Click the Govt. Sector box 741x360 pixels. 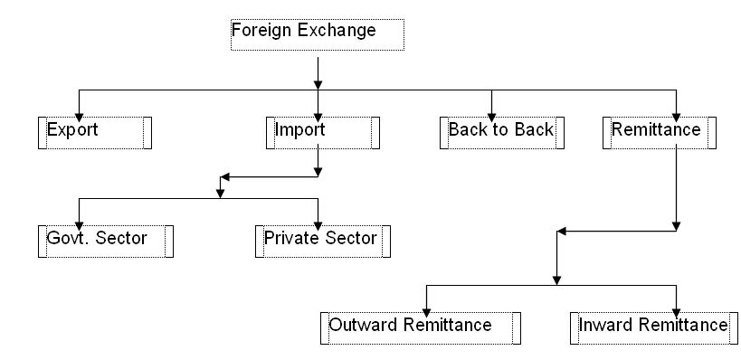(x=105, y=241)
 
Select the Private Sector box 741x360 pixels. (x=322, y=241)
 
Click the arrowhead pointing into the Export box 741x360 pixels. (x=80, y=111)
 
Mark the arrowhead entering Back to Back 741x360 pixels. (x=492, y=111)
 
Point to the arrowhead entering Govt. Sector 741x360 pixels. (x=80, y=221)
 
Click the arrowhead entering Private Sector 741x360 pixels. (x=318, y=221)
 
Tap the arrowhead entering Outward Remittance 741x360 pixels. (x=427, y=308)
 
